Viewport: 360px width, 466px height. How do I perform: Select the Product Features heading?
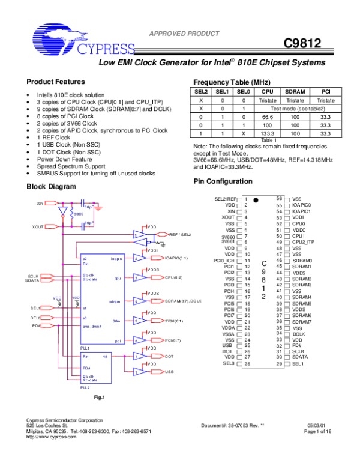tap(56, 82)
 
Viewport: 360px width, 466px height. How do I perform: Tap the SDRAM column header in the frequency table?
tap(294, 91)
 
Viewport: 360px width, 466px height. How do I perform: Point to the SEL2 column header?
tap(202, 91)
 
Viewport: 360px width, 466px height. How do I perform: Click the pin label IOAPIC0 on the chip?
tap(302, 205)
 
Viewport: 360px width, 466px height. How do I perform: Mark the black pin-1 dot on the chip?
tap(256, 199)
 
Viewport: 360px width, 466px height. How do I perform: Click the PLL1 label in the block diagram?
tap(85, 348)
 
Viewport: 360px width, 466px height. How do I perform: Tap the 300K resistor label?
tap(77, 213)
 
